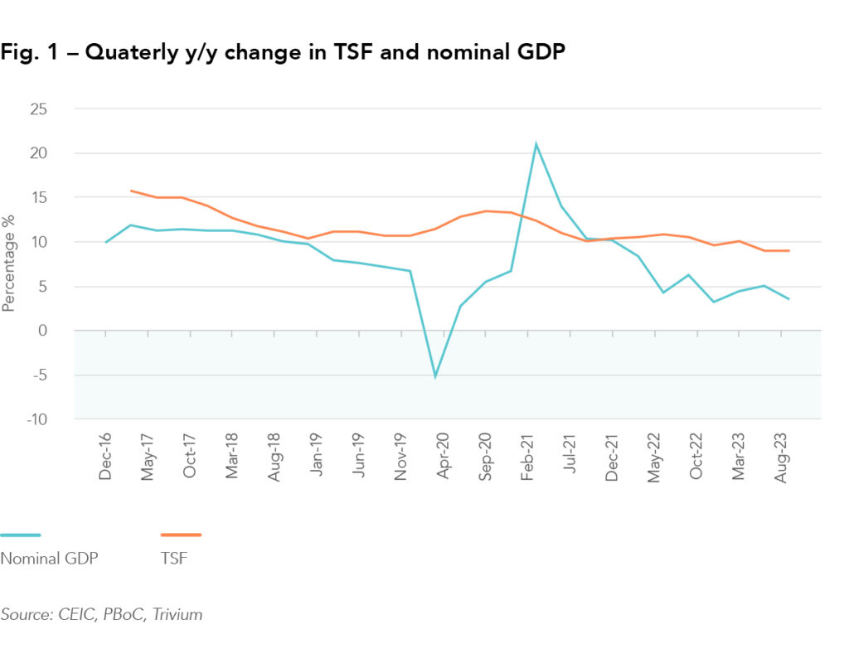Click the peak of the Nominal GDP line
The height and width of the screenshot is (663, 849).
pyautogui.click(x=536, y=144)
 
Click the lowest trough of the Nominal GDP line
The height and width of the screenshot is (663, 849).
pyautogui.click(x=435, y=376)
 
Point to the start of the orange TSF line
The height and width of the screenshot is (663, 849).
pyautogui.click(x=131, y=191)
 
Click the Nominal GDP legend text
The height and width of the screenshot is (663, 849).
pyautogui.click(x=50, y=558)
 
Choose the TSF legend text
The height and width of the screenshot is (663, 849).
pyautogui.click(x=173, y=558)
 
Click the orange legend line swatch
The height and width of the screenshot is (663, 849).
pyautogui.click(x=181, y=535)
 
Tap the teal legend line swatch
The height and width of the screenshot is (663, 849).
pyautogui.click(x=20, y=535)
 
